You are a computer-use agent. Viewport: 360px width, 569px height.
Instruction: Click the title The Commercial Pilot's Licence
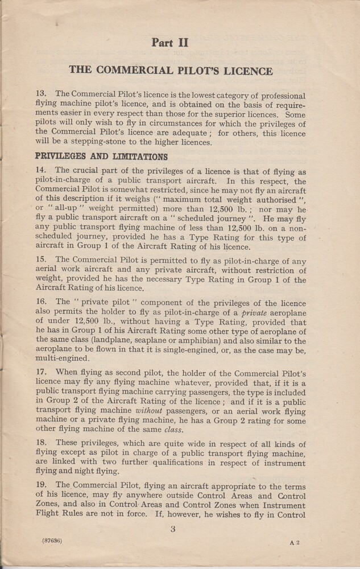[x=171, y=71]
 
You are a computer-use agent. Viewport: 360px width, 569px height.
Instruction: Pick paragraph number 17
[x=42, y=371]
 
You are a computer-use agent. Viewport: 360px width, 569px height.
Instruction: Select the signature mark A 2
[x=294, y=543]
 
